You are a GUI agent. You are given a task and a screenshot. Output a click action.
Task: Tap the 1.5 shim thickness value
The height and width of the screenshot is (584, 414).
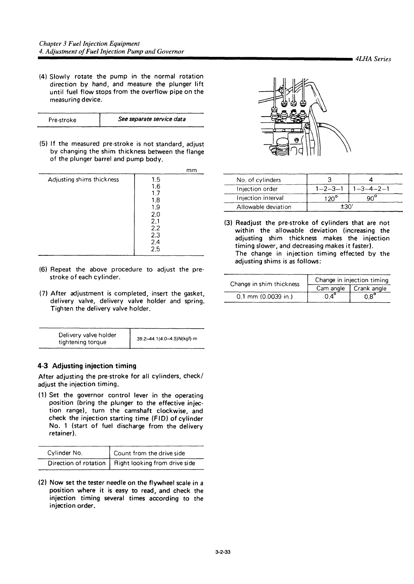pos(155,180)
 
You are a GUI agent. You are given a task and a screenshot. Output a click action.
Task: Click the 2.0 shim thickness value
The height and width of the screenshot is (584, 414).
pos(155,215)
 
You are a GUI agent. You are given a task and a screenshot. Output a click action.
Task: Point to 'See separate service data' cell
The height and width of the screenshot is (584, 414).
pos(152,119)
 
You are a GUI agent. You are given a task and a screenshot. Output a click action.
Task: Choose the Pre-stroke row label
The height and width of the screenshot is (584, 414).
pos(62,120)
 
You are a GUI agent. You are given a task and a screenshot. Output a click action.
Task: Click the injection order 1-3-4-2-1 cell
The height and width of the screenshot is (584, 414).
pos(371,189)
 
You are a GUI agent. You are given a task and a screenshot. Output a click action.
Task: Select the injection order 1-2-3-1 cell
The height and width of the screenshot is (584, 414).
pos(327,189)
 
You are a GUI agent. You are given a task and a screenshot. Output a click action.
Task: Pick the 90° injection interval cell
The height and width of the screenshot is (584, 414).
pos(371,198)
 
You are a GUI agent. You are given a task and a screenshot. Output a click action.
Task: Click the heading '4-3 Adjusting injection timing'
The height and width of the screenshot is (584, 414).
pos(87,366)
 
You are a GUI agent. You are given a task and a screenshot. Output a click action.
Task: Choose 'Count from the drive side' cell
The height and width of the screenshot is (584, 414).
pos(149,453)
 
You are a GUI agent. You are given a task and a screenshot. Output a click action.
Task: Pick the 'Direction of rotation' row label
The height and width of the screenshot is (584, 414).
pos(77,463)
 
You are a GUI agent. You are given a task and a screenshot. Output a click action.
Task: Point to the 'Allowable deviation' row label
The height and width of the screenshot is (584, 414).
pos(264,207)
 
